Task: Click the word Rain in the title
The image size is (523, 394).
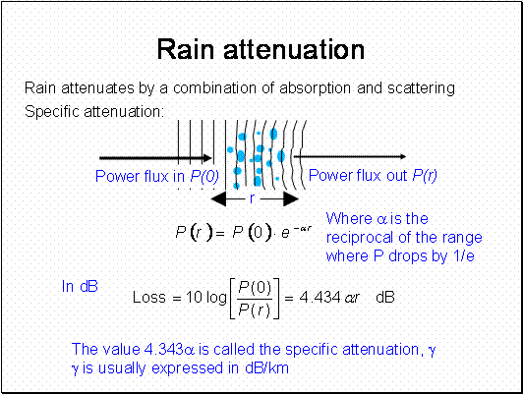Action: pos(186,49)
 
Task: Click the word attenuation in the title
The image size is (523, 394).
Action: pos(294,49)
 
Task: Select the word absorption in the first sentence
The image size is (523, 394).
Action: pos(316,88)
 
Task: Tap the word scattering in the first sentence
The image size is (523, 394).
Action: pos(421,88)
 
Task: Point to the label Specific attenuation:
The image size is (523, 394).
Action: pos(94,112)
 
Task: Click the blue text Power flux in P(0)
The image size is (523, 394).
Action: pos(157,176)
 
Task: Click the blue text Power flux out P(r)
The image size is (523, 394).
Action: pos(373,175)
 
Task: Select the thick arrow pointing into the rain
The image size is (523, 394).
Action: pos(155,158)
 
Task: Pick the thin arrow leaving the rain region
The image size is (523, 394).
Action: pos(350,156)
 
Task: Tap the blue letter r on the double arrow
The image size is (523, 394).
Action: pos(252,198)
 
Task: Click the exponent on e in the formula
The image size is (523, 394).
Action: pos(302,229)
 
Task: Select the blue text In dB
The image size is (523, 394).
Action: pos(80,286)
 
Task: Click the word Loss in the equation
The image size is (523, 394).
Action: pos(149,297)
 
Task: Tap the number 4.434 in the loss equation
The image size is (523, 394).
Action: pos(320,297)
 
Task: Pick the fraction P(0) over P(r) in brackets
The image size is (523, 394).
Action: pos(255,299)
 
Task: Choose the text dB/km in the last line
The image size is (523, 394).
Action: pos(266,368)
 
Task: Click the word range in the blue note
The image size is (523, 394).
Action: pos(462,239)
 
